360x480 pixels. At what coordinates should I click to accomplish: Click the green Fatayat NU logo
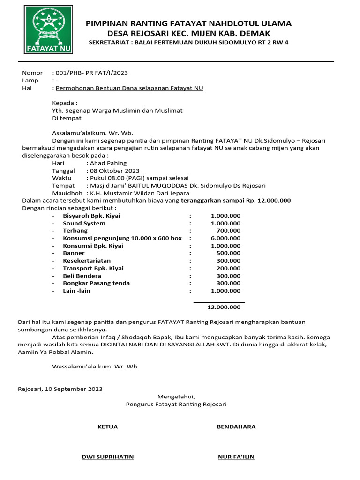coord(49,30)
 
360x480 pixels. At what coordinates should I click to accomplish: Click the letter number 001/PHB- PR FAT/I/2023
coord(91,73)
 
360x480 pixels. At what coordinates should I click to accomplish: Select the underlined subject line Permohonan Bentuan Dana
coord(129,88)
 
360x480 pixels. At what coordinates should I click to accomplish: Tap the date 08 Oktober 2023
coord(113,171)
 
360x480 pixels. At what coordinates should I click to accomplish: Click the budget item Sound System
coord(84,223)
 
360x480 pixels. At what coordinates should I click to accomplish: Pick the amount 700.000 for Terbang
coord(229,231)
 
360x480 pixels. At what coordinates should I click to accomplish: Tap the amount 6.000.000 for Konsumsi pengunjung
coord(225,238)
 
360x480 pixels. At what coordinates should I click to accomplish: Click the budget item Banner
coord(74,253)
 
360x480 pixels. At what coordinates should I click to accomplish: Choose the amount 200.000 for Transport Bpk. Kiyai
coord(229,268)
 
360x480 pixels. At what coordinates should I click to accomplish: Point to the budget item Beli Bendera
coord(82,276)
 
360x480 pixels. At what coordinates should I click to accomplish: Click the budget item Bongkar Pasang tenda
coord(97,283)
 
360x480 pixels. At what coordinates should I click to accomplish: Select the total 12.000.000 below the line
coord(224,307)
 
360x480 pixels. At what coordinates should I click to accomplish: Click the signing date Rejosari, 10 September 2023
coord(60,389)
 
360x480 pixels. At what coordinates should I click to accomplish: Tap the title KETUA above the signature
coord(107,427)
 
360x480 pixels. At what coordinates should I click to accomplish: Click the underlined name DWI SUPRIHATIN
coord(108,457)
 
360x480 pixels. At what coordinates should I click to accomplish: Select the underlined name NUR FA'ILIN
coord(236,457)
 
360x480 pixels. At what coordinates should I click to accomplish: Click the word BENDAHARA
coord(236,427)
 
